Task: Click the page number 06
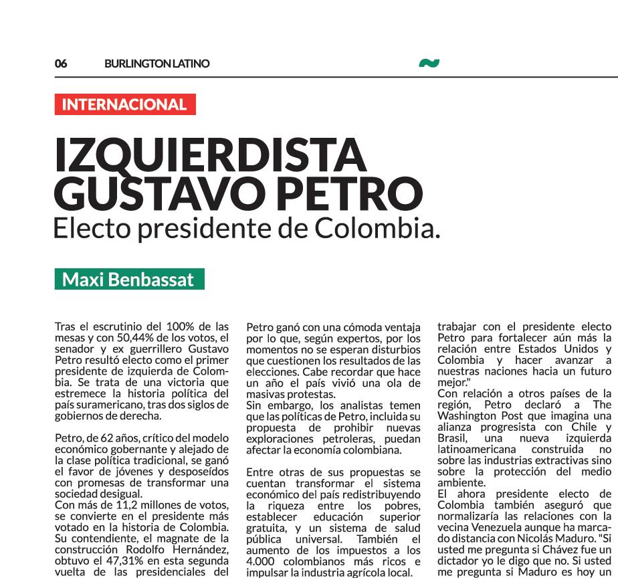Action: (x=61, y=64)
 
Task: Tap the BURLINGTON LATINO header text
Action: (x=157, y=64)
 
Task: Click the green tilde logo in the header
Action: (x=429, y=64)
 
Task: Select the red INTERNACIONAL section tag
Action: (x=125, y=104)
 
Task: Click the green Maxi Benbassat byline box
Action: (x=129, y=279)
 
